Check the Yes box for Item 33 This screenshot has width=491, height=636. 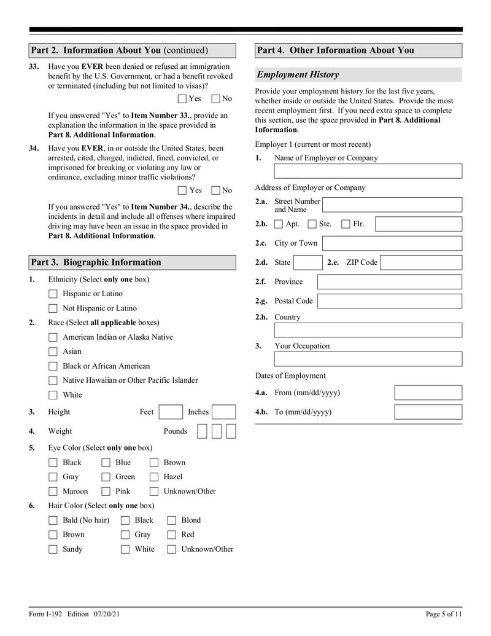[x=182, y=98]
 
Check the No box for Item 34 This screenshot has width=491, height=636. [x=215, y=190]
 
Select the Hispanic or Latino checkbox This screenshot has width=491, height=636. [x=53, y=294]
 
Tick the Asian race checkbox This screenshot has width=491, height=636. [x=53, y=352]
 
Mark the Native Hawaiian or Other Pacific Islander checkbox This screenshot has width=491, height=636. [x=53, y=381]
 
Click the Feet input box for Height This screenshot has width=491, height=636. [x=171, y=412]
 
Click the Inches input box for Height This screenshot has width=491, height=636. [x=224, y=412]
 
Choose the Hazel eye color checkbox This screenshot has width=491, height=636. [x=154, y=477]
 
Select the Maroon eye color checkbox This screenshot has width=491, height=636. [x=53, y=492]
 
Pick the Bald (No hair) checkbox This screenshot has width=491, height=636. [x=53, y=520]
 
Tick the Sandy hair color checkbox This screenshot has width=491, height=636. [x=53, y=549]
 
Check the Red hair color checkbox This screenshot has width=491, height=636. [x=172, y=535]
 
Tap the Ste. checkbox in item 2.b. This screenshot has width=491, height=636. [x=312, y=224]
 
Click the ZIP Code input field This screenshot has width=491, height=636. [x=421, y=263]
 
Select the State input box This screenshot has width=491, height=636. [x=307, y=263]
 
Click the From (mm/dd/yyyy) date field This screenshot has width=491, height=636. [x=428, y=393]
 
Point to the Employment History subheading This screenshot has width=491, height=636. [x=298, y=75]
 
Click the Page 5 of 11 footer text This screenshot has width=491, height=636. [x=443, y=614]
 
